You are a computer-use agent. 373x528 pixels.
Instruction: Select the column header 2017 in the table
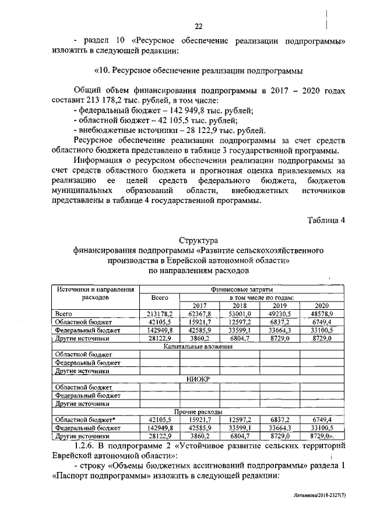(x=199, y=305)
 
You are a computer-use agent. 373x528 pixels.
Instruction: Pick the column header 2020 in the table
(x=321, y=305)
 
